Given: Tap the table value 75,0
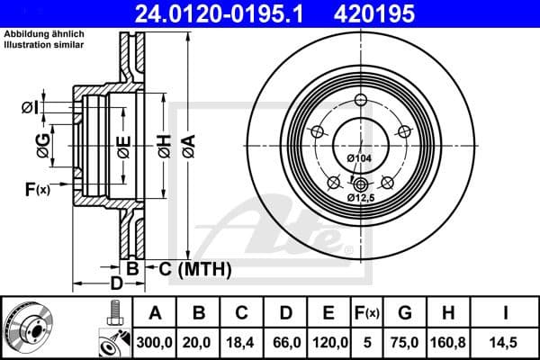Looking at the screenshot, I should pyautogui.click(x=405, y=344).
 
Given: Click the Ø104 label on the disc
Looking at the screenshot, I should pyautogui.click(x=358, y=158).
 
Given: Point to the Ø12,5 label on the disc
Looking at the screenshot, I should pyautogui.click(x=362, y=196).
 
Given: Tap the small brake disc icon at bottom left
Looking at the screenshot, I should pyautogui.click(x=29, y=328).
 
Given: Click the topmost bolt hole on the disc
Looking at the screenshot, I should pyautogui.click(x=360, y=100).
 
